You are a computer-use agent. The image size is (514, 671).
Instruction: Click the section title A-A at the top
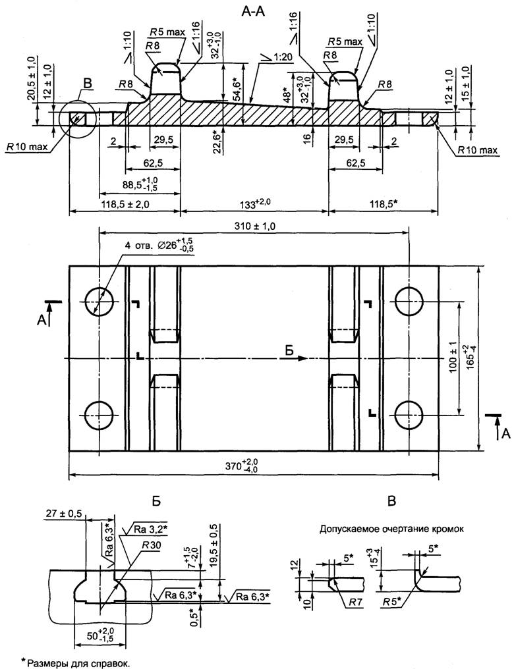[x=254, y=12]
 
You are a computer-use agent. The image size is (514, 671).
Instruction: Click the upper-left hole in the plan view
[x=99, y=302]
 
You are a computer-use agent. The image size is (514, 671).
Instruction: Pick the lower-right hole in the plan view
[x=410, y=415]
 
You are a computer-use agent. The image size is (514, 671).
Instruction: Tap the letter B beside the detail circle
[x=87, y=84]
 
